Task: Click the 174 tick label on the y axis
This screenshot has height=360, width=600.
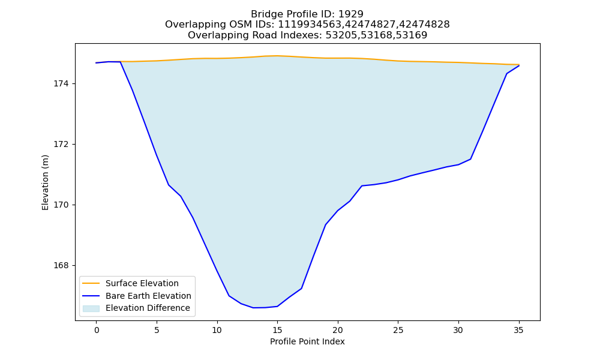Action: pyautogui.click(x=61, y=84)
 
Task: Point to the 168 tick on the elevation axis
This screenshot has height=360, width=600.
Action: pyautogui.click(x=61, y=266)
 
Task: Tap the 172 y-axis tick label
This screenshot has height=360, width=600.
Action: pyautogui.click(x=61, y=145)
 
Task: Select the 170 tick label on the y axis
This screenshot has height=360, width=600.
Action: pyautogui.click(x=61, y=205)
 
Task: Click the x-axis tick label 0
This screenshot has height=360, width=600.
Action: pyautogui.click(x=97, y=330)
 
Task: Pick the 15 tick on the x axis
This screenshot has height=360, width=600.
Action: pyautogui.click(x=277, y=330)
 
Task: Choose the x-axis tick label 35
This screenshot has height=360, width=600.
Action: pyautogui.click(x=518, y=330)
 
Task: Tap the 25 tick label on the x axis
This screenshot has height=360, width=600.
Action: pyautogui.click(x=398, y=330)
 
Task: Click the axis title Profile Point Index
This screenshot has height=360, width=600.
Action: pyautogui.click(x=307, y=341)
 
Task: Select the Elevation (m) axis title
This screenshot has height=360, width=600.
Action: pyautogui.click(x=46, y=182)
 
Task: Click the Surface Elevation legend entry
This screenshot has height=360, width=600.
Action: pyautogui.click(x=142, y=283)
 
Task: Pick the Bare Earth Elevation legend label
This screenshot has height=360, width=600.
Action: pyautogui.click(x=148, y=296)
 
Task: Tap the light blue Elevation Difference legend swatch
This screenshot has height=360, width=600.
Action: pyautogui.click(x=91, y=308)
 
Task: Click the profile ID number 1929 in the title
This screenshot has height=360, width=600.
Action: pyautogui.click(x=351, y=14)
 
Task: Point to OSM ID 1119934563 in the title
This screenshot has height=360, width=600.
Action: pyautogui.click(x=308, y=25)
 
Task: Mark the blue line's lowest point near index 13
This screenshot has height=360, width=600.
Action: pyautogui.click(x=253, y=308)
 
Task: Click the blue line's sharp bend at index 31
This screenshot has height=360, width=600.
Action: pyautogui.click(x=470, y=159)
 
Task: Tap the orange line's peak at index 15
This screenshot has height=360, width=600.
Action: pyautogui.click(x=277, y=56)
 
